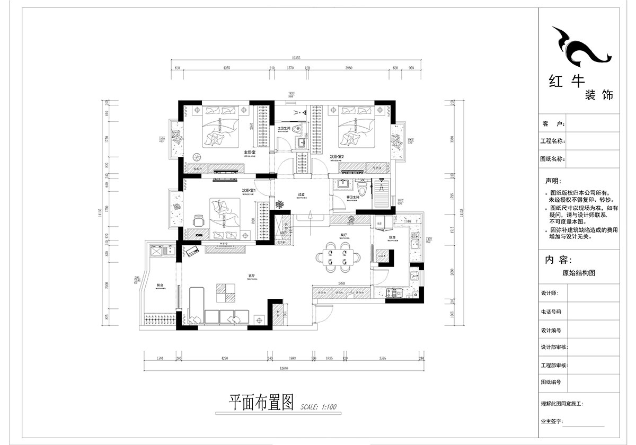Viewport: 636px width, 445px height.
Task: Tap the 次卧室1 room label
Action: click(249, 190)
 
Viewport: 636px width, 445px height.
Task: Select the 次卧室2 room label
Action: click(337, 157)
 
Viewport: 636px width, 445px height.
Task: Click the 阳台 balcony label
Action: click(160, 286)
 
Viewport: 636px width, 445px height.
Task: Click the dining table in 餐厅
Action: click(337, 256)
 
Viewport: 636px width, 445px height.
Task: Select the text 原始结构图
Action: click(579, 274)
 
